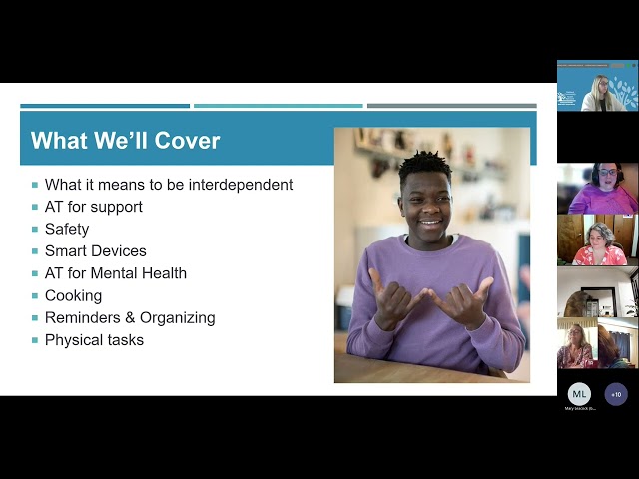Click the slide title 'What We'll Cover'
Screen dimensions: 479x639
(125, 141)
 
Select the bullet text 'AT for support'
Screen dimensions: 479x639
(94, 207)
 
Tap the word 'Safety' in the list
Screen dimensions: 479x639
(67, 229)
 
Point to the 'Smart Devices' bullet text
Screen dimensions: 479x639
(96, 251)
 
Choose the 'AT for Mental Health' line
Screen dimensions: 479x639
(116, 273)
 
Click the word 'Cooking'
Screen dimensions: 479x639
(73, 295)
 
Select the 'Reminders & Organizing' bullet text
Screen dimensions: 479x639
(130, 318)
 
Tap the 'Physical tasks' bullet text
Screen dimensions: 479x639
(94, 340)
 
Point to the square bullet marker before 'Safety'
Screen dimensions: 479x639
(35, 229)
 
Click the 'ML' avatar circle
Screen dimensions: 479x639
(579, 393)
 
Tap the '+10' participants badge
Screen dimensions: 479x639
(616, 393)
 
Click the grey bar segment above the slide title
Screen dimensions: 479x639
(451, 106)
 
